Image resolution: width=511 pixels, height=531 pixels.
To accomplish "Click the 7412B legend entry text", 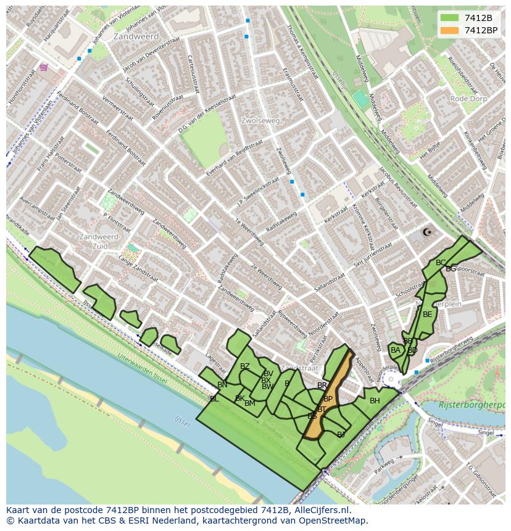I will click(x=478, y=18).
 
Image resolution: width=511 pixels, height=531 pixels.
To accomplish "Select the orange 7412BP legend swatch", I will click(x=451, y=30).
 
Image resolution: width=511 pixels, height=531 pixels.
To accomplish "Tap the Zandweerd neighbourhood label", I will click(x=136, y=36).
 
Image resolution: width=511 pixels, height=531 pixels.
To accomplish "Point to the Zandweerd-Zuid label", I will click(x=99, y=241).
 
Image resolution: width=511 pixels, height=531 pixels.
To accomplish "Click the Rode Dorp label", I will click(x=468, y=99).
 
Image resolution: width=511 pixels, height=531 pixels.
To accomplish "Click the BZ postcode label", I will click(x=245, y=366).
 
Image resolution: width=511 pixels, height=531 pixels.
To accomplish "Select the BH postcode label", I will click(x=375, y=401).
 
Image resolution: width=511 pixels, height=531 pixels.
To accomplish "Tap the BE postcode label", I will click(x=427, y=314).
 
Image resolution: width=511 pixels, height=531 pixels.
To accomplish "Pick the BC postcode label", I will click(x=441, y=263).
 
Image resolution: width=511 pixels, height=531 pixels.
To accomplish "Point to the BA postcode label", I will click(x=396, y=350).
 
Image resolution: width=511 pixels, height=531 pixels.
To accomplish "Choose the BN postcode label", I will click(x=222, y=385).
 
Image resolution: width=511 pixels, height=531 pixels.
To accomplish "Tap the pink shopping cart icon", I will click(x=43, y=67).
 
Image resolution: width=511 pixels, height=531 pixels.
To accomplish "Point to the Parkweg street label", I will click(x=383, y=463).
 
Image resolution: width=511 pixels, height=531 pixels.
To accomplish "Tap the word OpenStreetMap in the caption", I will click(x=334, y=521).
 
